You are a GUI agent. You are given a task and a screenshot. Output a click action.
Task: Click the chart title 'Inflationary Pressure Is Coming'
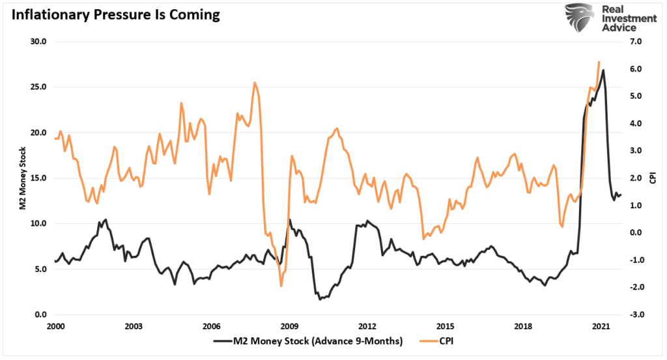click(x=112, y=15)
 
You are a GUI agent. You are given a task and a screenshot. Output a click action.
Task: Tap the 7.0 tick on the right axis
click(x=635, y=42)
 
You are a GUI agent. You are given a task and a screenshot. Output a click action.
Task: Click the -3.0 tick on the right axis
click(x=634, y=314)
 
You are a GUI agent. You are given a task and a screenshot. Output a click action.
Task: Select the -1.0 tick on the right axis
click(x=634, y=260)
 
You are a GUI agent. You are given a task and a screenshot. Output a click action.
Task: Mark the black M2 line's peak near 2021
click(x=603, y=70)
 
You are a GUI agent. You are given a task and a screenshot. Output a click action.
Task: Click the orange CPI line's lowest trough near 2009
click(x=281, y=286)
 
